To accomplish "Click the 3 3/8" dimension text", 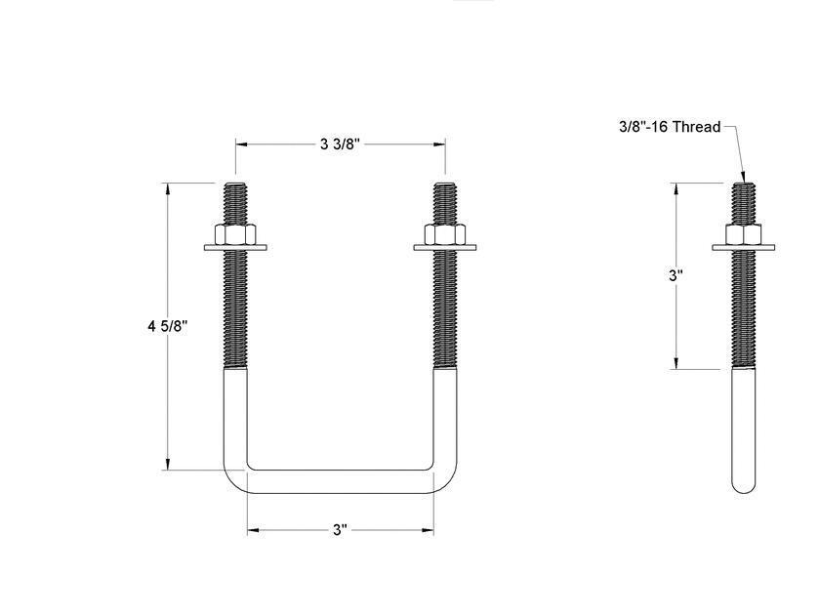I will (x=340, y=144).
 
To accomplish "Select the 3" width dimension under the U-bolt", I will (x=340, y=530).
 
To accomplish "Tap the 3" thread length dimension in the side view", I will (x=676, y=275).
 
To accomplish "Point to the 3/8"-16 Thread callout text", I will (x=670, y=127).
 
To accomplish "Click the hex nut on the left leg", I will (x=235, y=235).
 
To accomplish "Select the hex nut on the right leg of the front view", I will (x=445, y=235).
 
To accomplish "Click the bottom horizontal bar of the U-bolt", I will (x=340, y=481).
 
